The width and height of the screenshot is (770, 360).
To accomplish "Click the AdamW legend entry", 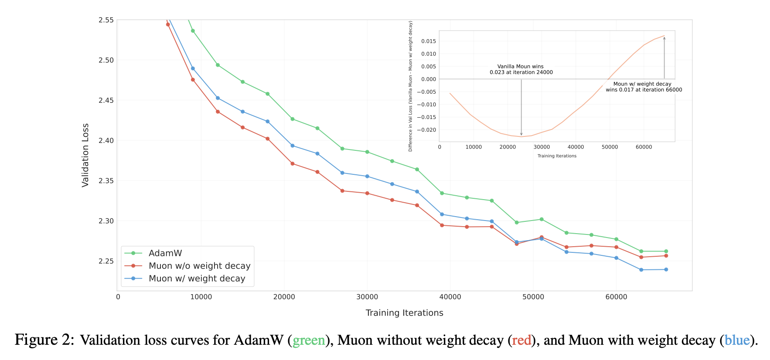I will tap(165, 253).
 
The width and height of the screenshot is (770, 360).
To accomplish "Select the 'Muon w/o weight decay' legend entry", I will tap(199, 266).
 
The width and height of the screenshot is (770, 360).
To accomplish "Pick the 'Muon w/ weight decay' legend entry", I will tap(197, 278).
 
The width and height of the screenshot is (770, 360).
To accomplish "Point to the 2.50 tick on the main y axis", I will tap(106, 60).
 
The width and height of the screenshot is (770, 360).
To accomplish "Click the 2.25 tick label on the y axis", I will tap(106, 261).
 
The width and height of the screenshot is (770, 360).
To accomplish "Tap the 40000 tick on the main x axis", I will tap(450, 297).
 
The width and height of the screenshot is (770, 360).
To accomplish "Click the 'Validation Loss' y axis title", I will tap(85, 155).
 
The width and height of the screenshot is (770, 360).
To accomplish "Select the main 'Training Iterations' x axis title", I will tap(404, 313).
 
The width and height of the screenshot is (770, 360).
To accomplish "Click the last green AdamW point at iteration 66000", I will tap(666, 251).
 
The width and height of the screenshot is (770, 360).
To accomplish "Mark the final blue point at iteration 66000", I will tap(666, 269).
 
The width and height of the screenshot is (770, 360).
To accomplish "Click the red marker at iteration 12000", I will tap(218, 112).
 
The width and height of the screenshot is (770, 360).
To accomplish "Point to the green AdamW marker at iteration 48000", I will tap(517, 222).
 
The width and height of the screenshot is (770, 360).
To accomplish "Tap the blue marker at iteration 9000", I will tap(193, 68).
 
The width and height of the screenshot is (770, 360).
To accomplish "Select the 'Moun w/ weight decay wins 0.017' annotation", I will tap(644, 87).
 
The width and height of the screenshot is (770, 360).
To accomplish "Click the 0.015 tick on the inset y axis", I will tap(428, 41).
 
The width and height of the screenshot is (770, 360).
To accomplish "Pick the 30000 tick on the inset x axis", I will tap(542, 147).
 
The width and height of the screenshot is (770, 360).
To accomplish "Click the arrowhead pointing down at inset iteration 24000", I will tap(521, 134).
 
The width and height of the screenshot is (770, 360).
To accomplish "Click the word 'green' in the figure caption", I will tap(309, 340).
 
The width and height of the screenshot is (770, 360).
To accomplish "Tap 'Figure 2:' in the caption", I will tap(44, 340).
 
